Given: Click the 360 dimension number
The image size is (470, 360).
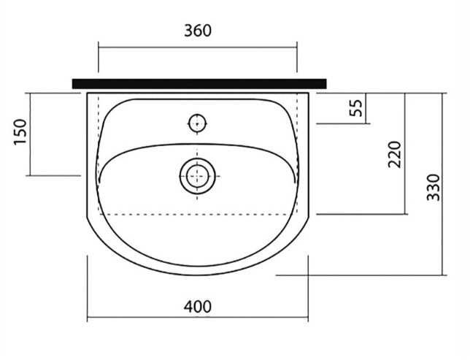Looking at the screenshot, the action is [198, 31].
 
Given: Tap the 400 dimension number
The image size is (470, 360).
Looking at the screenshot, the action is [198, 307].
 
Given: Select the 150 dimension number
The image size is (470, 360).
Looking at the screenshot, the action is [20, 132].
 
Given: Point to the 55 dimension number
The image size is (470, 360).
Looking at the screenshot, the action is [356, 107].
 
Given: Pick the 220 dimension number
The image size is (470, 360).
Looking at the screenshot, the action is [394, 154].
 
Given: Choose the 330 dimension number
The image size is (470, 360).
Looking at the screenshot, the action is [433, 187].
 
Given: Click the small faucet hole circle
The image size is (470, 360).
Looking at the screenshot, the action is [198, 123].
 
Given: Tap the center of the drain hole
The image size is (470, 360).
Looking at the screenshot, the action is [197, 176].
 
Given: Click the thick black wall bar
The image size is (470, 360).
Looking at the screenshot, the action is [199, 84].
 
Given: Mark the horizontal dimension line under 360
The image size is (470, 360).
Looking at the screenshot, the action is [198, 47].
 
